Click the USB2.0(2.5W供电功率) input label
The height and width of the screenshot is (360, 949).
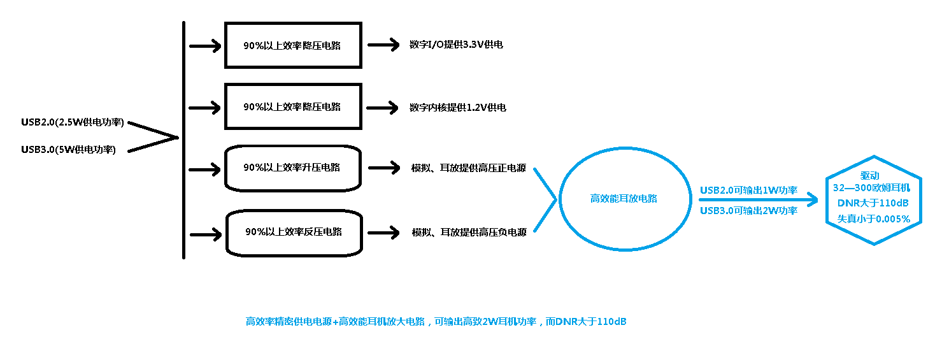coord(72,122)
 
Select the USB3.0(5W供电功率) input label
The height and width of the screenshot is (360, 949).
coord(68,150)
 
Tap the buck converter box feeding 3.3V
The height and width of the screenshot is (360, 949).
coord(293,45)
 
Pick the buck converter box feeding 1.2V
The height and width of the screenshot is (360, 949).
coord(293,106)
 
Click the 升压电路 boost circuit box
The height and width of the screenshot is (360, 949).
coord(293,168)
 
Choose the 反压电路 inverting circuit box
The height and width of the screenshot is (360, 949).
coord(294,231)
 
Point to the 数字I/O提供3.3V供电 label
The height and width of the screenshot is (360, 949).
coord(457,45)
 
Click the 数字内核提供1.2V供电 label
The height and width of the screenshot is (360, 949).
coord(458,107)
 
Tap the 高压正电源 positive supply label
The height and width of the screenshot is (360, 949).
coord(469,168)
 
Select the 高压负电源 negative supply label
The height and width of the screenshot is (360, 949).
coord(469,233)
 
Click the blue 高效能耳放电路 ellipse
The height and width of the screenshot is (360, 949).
coord(624,198)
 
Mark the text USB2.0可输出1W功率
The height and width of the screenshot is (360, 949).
coord(748,190)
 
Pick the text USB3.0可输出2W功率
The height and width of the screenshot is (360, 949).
coord(748,210)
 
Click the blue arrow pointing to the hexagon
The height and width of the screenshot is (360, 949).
coord(758,200)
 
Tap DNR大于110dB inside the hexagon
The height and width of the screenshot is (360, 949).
coord(873,203)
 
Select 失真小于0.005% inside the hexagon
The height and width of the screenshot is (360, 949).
coord(873,219)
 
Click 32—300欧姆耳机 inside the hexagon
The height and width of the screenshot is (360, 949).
coord(872,188)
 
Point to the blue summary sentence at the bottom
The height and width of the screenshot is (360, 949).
coord(436,322)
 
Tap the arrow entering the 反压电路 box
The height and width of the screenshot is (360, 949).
coord(205,234)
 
